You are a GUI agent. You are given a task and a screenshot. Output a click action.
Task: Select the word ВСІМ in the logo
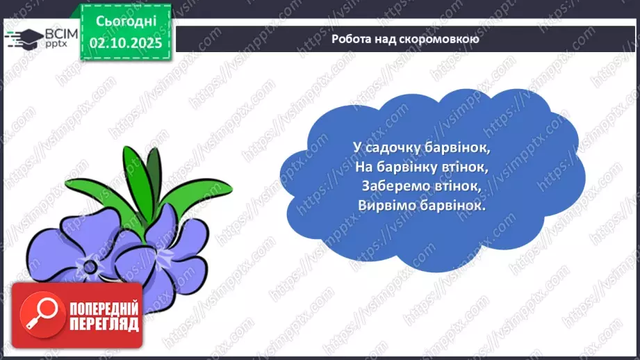click(x=59, y=31)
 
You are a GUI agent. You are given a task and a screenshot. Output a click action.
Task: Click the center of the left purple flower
click(x=88, y=265)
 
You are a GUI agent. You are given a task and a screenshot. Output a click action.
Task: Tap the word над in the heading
click(x=391, y=39)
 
